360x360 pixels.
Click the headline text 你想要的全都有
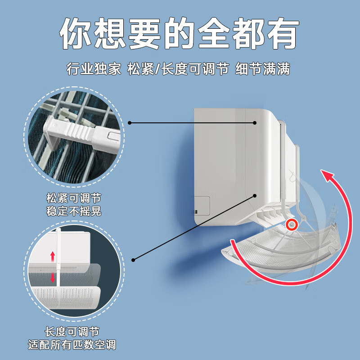point(180,34)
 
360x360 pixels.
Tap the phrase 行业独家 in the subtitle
point(94,69)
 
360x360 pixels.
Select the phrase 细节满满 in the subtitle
point(263,69)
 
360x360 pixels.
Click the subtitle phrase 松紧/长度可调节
point(178,69)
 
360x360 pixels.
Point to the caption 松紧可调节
point(74,198)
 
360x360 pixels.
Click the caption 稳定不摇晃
point(74,211)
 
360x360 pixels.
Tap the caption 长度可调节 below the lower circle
point(72,332)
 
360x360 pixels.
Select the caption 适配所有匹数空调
point(72,345)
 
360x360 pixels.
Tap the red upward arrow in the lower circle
point(53,256)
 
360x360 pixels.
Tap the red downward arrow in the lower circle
point(53,278)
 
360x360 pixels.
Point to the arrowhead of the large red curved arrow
point(327,176)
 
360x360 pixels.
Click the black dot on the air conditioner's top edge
point(255,122)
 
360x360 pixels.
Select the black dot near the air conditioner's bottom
point(255,195)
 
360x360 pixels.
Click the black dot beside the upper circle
point(129,122)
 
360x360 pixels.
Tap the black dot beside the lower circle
point(133,260)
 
